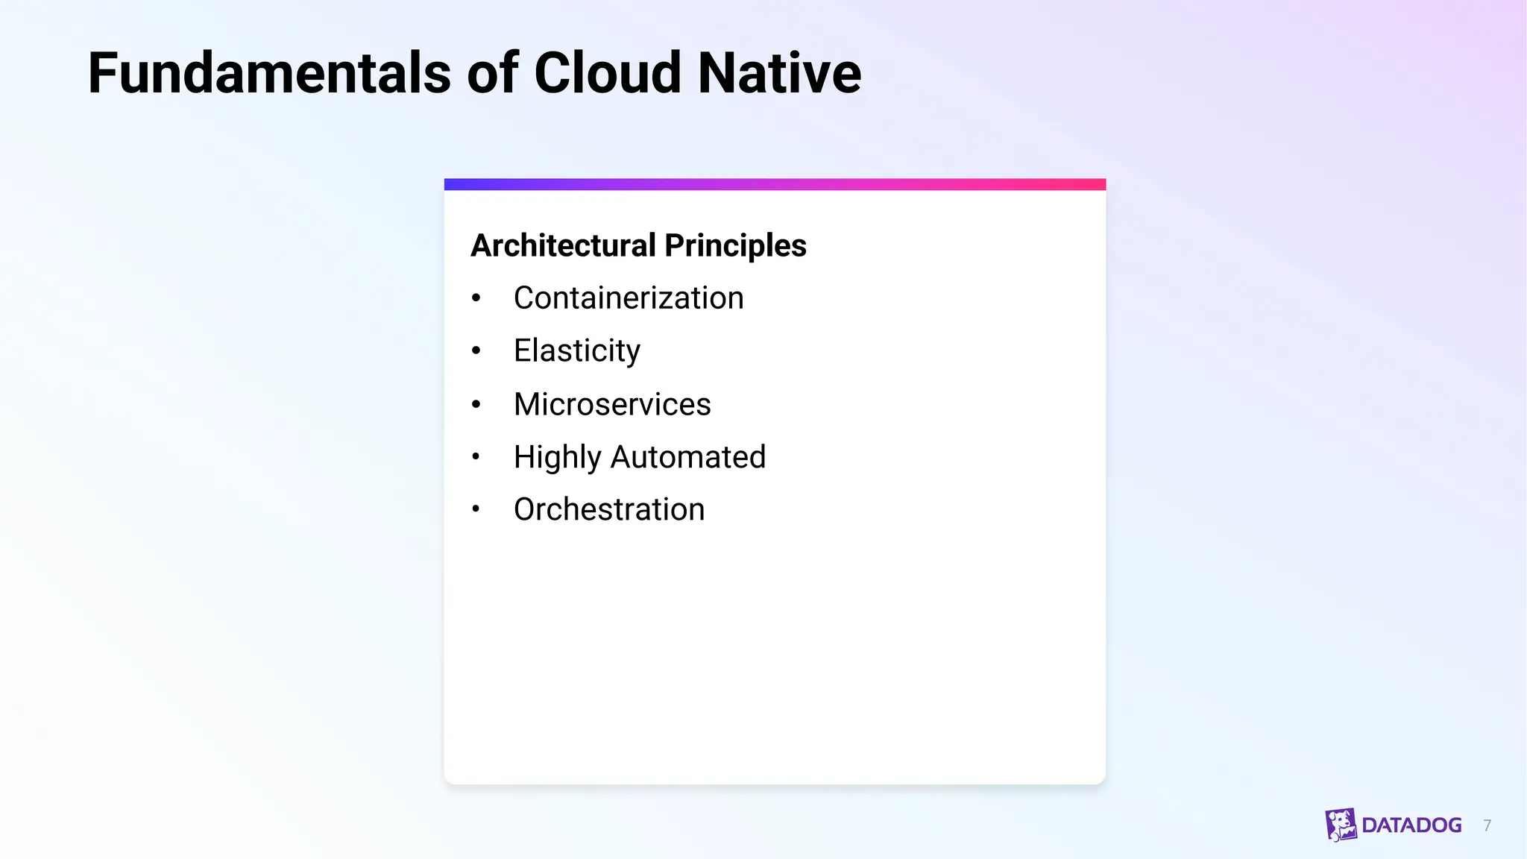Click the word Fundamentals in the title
[x=269, y=73]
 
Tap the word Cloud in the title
[x=608, y=73]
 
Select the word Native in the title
[x=779, y=73]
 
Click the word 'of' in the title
[x=492, y=73]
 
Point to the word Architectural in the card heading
[x=563, y=245]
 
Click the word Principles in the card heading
[x=735, y=245]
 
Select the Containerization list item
[x=629, y=298]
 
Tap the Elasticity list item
[x=576, y=350]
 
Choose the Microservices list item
[x=612, y=404]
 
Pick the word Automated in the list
[x=687, y=457]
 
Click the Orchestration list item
[x=609, y=509]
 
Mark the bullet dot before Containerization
[x=476, y=299]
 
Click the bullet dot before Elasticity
[x=476, y=351]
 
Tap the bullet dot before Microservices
[x=476, y=405]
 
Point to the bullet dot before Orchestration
[x=476, y=509]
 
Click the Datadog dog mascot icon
[x=1341, y=825]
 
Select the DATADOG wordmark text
[x=1411, y=825]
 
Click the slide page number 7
[x=1487, y=825]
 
